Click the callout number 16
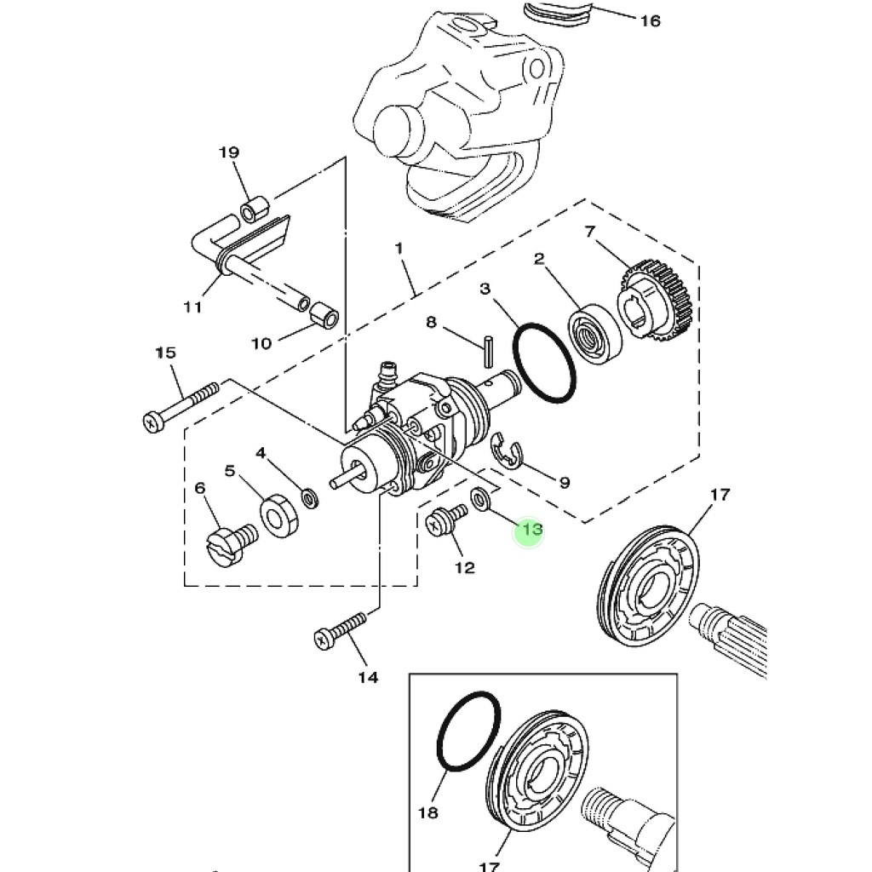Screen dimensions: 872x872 650,21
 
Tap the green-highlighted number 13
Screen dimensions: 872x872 531,529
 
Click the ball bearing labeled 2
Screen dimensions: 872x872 594,334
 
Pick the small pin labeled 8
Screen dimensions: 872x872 488,350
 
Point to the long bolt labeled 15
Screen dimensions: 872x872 181,406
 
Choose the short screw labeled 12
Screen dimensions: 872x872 446,519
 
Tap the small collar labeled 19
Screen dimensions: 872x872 255,209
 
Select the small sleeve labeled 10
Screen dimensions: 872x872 324,315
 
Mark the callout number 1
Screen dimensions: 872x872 399,248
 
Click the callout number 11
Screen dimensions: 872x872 192,307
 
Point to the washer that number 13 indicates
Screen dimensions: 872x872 480,498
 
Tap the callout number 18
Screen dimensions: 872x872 427,812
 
